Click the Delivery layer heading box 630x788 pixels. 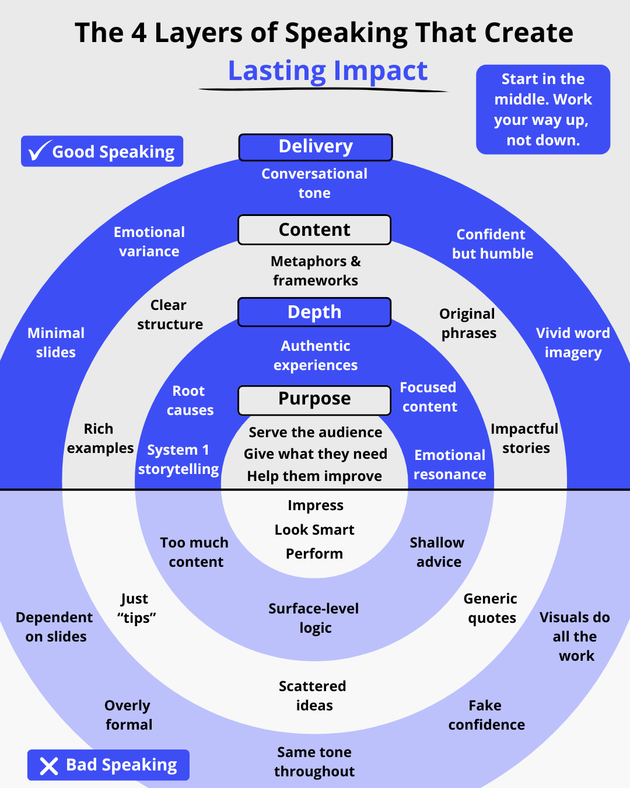click(316, 147)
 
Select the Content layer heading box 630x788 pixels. click(314, 230)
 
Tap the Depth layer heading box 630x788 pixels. click(314, 312)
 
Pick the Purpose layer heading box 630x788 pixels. click(314, 399)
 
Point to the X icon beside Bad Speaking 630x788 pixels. click(49, 766)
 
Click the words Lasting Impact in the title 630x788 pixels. click(328, 71)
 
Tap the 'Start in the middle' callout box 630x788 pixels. click(543, 110)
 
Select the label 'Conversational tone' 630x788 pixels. click(314, 183)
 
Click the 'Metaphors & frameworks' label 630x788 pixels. click(316, 271)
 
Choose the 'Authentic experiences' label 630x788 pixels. click(316, 355)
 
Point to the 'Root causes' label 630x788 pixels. click(190, 400)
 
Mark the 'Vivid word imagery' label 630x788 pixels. click(573, 343)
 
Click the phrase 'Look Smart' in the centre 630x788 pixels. click(314, 530)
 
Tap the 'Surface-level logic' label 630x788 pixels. click(314, 618)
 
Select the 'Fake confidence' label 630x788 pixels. click(487, 715)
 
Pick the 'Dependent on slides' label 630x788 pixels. click(55, 627)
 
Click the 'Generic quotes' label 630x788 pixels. click(491, 608)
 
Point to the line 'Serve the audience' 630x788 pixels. click(316, 433)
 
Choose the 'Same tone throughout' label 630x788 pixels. click(314, 762)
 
